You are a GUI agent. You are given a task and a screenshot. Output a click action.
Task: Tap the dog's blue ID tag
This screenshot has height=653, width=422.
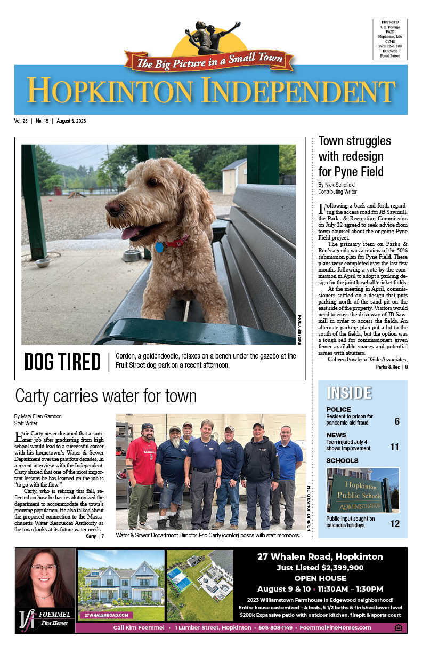tap(159, 248)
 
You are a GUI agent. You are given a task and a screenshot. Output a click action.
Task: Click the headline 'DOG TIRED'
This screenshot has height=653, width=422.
tap(62, 362)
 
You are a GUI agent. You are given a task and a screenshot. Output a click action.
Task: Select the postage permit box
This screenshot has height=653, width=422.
tap(390, 39)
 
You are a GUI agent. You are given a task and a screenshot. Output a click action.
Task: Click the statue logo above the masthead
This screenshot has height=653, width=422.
tap(209, 37)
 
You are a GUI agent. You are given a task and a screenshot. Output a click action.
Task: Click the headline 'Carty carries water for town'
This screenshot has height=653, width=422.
tap(106, 396)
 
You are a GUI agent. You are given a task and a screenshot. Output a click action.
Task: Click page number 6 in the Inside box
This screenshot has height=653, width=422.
tap(397, 421)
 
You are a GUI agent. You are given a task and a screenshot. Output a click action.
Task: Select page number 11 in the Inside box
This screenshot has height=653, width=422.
tap(394, 447)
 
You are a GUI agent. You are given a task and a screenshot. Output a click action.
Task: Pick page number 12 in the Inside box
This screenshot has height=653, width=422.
tap(394, 524)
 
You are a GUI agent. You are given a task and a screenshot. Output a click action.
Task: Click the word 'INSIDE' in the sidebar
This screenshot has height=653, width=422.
tap(349, 393)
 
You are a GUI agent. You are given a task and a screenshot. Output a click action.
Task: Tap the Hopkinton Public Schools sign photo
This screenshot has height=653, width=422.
tap(362, 490)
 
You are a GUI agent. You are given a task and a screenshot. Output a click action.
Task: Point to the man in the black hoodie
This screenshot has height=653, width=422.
tap(259, 469)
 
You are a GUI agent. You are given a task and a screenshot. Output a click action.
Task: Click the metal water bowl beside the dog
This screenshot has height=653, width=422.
tap(132, 255)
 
